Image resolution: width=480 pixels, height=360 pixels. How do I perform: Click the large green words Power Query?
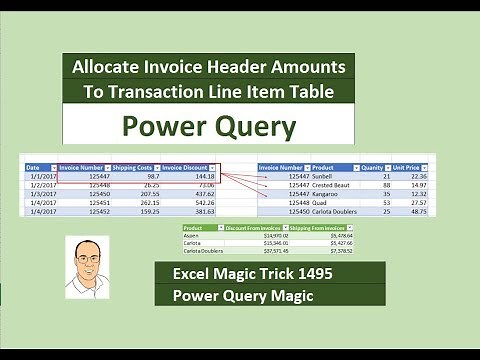pos(209,127)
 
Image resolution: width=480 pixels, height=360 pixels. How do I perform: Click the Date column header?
pos(33,167)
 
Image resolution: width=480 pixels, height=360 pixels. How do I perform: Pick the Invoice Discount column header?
pos(188,167)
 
